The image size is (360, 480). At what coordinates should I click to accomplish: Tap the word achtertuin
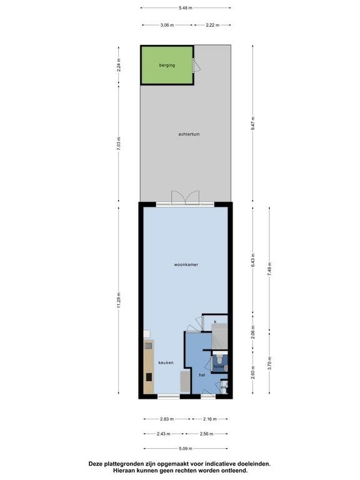(x=188, y=134)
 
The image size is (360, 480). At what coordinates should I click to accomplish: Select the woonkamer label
(x=186, y=265)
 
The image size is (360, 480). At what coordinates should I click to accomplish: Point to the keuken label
(x=165, y=362)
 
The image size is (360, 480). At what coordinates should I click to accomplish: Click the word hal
(x=202, y=375)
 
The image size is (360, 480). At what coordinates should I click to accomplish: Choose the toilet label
(x=219, y=366)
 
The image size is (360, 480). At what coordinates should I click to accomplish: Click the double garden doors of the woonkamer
(x=186, y=197)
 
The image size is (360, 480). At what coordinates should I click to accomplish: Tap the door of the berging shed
(x=196, y=65)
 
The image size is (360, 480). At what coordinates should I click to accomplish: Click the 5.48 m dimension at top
(x=186, y=8)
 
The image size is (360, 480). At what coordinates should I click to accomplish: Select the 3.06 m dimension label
(x=166, y=25)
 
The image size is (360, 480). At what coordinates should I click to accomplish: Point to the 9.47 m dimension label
(x=253, y=122)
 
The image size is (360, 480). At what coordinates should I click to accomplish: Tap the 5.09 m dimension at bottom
(x=186, y=447)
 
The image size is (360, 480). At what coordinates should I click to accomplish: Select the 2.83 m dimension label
(x=166, y=419)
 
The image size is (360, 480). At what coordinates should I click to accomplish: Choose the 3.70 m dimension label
(x=270, y=362)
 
